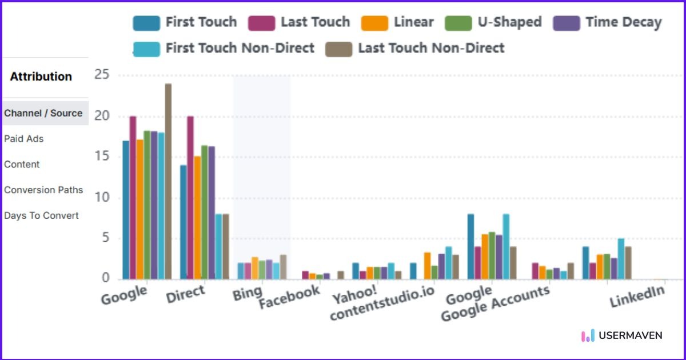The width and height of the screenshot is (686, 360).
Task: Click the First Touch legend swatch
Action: tap(146, 23)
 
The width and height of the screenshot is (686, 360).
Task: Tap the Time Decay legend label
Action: tap(623, 23)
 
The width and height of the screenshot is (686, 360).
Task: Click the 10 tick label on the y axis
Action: tap(102, 198)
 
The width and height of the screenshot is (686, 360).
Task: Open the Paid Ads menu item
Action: tap(24, 139)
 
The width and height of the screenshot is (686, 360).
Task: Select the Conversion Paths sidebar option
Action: tap(43, 190)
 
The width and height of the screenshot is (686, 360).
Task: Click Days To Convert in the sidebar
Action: tap(41, 215)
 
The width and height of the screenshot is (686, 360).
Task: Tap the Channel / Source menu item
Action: tap(43, 113)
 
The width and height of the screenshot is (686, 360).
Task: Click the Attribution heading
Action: tap(41, 77)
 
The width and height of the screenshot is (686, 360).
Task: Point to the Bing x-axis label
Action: tap(247, 294)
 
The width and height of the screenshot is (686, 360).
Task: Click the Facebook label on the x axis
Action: tap(289, 297)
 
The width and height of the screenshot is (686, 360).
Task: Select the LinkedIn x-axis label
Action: tap(637, 296)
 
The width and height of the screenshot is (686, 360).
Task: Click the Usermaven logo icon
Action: tap(588, 335)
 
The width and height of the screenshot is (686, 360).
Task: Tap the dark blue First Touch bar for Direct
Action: tap(184, 222)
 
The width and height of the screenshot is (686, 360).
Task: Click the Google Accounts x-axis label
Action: tap(495, 303)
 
